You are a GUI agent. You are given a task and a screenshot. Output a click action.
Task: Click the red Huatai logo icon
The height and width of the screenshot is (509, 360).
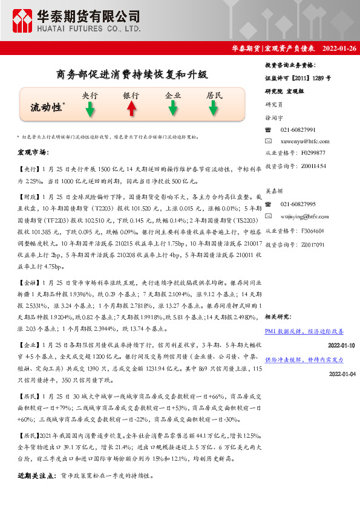(x=23, y=20)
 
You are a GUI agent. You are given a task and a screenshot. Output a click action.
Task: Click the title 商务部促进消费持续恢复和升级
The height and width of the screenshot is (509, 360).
(x=131, y=75)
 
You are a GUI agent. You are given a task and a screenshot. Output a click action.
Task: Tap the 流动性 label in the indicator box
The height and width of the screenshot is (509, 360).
(x=47, y=108)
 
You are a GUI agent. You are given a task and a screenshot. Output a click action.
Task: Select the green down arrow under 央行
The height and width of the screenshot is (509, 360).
(x=90, y=109)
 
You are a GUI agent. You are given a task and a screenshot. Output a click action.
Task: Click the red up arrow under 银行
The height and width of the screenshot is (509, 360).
(x=131, y=109)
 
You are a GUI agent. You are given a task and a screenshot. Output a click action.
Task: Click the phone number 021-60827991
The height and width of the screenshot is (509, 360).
(x=298, y=130)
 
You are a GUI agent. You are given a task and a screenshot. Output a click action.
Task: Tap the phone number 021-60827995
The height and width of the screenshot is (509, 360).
(x=298, y=204)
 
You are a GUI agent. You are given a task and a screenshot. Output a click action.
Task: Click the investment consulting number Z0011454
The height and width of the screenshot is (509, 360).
(x=312, y=165)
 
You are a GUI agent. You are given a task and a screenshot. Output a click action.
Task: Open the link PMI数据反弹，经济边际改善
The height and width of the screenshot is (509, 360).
(x=304, y=332)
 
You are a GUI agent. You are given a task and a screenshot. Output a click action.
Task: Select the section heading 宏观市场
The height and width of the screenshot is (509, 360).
(x=33, y=153)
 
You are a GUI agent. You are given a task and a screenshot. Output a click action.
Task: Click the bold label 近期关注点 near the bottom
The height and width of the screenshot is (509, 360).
(x=37, y=476)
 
